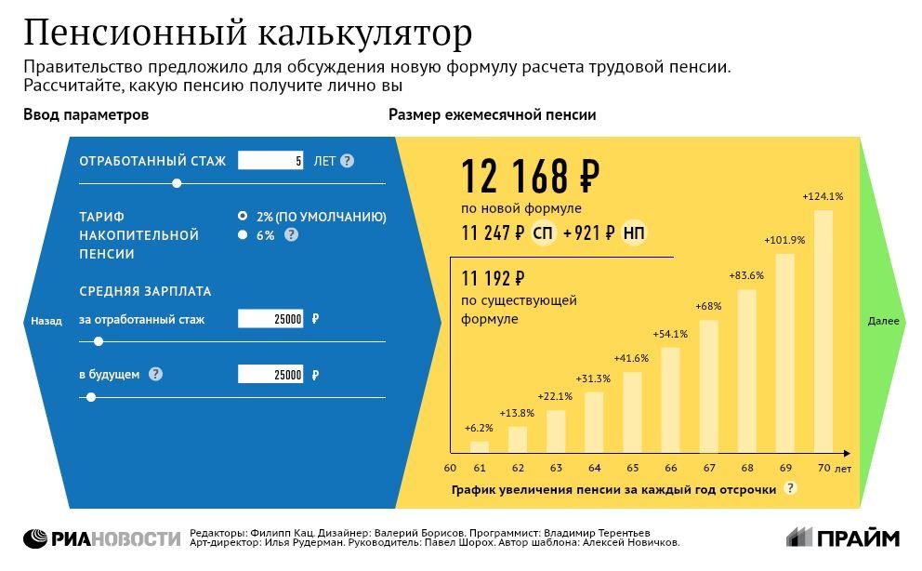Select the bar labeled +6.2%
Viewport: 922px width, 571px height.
(480, 446)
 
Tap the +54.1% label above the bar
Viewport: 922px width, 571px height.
(670, 334)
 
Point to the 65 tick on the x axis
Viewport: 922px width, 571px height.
(632, 468)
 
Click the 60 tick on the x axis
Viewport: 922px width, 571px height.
(450, 468)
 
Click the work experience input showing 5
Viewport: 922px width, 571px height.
(271, 161)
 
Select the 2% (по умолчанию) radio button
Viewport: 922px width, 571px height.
(243, 216)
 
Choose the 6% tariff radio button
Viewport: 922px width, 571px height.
(243, 235)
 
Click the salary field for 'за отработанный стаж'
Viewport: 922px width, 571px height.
(271, 319)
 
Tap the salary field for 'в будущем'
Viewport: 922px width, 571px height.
(271, 375)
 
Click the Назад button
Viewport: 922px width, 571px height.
(46, 321)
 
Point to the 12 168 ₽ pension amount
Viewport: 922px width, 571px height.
(530, 176)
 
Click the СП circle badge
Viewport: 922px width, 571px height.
(544, 233)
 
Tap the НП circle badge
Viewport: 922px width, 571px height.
(635, 233)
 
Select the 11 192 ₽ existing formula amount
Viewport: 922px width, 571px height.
(494, 278)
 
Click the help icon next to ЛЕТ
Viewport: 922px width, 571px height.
(348, 161)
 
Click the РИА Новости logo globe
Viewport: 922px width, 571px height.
(36, 538)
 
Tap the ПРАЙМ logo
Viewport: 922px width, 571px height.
(843, 538)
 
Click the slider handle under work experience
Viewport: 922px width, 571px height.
(177, 183)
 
